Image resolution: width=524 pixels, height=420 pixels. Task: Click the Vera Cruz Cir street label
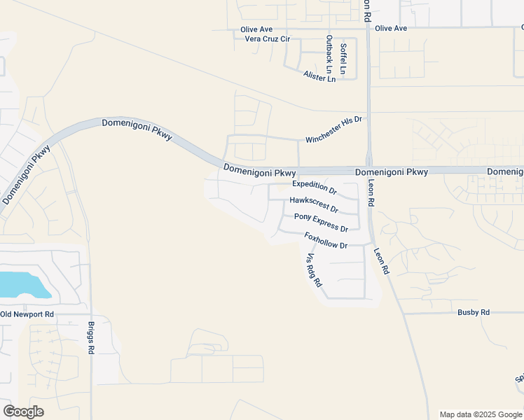(x=267, y=39)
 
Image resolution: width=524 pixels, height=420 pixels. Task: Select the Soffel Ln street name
(x=343, y=59)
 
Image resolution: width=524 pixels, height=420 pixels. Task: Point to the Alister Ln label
(x=319, y=76)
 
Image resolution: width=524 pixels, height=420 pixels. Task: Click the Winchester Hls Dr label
(x=333, y=129)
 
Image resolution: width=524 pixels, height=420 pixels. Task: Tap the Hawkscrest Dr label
(x=314, y=204)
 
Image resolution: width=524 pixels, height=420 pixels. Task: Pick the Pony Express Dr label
(x=321, y=223)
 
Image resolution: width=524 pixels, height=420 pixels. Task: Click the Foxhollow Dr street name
(x=326, y=241)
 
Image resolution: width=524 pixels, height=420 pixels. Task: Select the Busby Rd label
(x=474, y=312)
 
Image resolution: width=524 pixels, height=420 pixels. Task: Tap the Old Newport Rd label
(x=27, y=314)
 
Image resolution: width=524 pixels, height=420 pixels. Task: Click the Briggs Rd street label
(x=91, y=338)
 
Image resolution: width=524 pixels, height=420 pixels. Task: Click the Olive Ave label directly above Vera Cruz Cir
(x=256, y=29)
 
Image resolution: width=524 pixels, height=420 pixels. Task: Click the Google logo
(x=23, y=412)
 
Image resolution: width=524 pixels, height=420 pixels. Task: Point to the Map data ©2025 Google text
(x=481, y=414)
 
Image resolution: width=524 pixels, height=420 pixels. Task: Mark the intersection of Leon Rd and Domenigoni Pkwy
(x=368, y=171)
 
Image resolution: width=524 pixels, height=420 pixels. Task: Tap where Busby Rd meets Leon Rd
(x=405, y=313)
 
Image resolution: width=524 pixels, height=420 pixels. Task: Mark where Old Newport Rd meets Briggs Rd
(x=90, y=314)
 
